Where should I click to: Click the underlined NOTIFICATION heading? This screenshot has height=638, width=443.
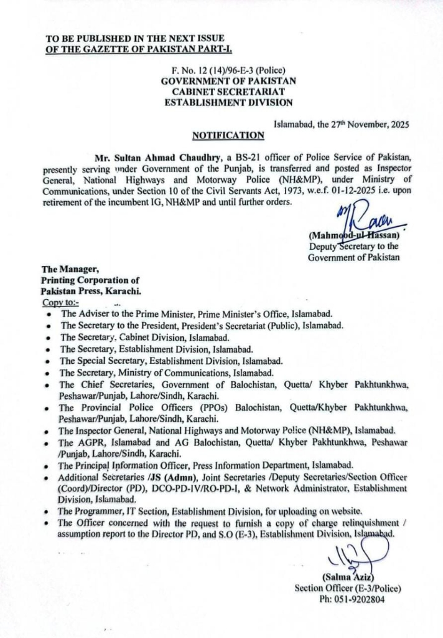(x=228, y=134)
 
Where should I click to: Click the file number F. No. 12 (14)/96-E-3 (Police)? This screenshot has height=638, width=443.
(x=229, y=70)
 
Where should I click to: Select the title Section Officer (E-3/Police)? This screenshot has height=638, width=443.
(x=348, y=588)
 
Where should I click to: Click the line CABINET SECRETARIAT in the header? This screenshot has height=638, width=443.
(x=228, y=91)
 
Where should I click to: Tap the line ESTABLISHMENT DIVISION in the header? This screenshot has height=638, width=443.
(x=228, y=102)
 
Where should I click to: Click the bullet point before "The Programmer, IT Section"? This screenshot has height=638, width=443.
(x=49, y=510)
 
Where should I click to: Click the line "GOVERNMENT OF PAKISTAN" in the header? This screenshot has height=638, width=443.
(x=228, y=80)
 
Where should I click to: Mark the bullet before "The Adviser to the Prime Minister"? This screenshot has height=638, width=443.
(x=49, y=315)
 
